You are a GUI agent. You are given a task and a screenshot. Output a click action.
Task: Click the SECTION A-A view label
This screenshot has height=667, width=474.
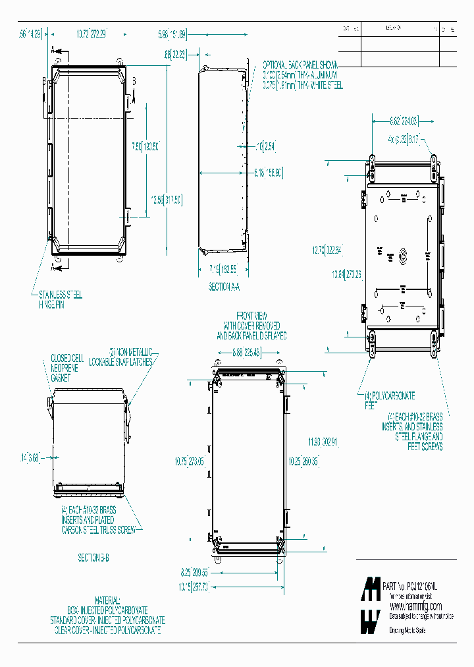(225, 287)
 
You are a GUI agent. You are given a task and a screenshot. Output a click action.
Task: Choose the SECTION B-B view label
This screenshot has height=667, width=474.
(93, 558)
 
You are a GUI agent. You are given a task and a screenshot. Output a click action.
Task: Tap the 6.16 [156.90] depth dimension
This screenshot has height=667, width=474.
(268, 173)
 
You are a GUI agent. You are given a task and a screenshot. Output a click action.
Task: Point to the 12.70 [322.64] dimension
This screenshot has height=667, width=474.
(328, 250)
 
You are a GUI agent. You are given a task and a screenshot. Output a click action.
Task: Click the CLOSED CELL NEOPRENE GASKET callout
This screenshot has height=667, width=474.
(65, 368)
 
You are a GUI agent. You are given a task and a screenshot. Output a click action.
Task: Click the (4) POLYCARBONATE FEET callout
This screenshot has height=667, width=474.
(389, 401)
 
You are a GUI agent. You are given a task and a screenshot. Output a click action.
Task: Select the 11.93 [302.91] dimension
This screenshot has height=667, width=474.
(323, 441)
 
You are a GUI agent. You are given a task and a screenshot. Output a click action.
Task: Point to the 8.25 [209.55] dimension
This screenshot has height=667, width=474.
(194, 573)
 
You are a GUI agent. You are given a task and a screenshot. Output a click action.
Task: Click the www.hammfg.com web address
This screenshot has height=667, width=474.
(415, 606)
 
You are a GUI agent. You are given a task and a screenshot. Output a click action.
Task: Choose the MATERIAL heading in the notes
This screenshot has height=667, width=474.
(107, 601)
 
